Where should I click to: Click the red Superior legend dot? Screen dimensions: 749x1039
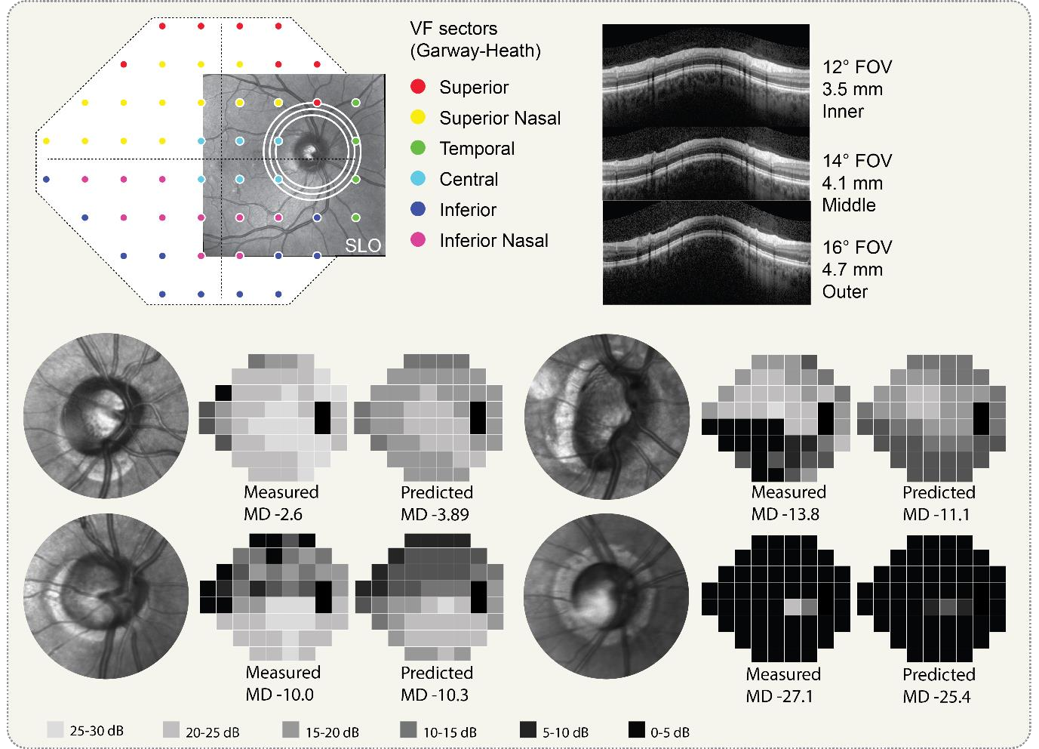point(421,88)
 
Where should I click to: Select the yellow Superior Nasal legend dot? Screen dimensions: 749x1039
point(421,118)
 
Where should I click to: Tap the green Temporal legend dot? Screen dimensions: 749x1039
point(421,149)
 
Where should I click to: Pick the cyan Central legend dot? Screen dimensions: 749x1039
point(421,180)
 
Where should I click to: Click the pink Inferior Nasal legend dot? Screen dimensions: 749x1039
point(421,241)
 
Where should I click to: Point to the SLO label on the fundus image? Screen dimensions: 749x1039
point(363,245)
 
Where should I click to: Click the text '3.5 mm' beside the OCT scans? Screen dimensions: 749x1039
point(853,89)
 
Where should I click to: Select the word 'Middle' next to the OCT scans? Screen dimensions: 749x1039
point(849,205)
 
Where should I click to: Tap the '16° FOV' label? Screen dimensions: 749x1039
point(857,248)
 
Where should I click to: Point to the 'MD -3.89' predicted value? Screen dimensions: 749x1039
point(437,514)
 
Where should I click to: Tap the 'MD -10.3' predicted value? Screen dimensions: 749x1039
point(437,695)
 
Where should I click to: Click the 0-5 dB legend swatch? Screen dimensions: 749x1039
point(638,731)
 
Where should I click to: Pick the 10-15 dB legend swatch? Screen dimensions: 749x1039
point(408,731)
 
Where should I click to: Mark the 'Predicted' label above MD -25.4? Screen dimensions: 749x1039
point(939,673)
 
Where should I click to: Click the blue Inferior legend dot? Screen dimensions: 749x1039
point(421,210)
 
